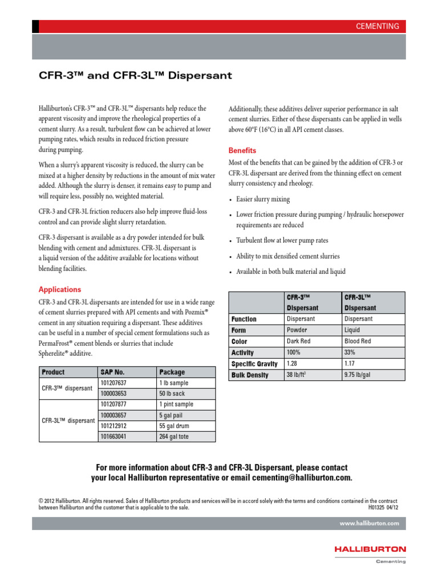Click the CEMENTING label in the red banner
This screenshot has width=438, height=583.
[x=377, y=26]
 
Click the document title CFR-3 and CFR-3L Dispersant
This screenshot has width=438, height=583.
[x=135, y=75]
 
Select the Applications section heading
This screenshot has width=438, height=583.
[x=59, y=289]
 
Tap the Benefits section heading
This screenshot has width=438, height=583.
[x=242, y=151]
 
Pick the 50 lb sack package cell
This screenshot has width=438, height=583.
[x=173, y=393]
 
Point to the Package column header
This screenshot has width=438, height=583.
[x=172, y=372]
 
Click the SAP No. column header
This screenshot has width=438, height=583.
[x=112, y=372]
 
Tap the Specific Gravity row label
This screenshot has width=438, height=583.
[x=254, y=364]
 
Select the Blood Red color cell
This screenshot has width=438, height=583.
[x=358, y=341]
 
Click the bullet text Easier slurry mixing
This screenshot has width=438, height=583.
[x=263, y=199]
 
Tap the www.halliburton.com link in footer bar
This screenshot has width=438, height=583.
[x=369, y=523]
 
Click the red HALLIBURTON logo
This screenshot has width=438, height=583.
[x=371, y=549]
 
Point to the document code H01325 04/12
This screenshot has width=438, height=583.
[x=383, y=507]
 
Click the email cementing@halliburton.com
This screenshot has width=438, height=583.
[x=295, y=478]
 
